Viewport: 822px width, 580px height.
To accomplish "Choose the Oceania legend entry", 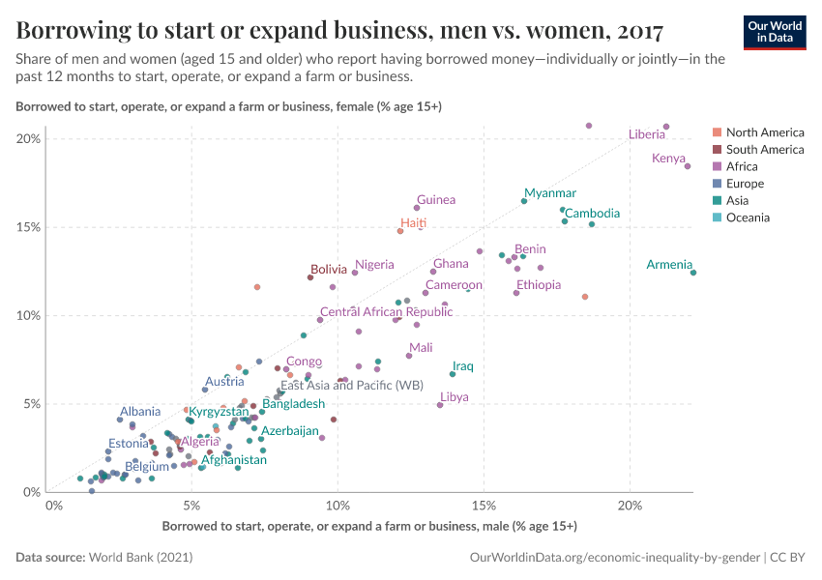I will [x=748, y=217].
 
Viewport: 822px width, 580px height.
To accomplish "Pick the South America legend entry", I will [x=765, y=150].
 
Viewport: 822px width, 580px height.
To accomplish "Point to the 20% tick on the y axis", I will [x=29, y=139].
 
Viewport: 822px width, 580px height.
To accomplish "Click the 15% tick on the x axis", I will [x=484, y=505].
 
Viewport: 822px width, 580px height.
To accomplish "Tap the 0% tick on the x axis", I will [x=54, y=505].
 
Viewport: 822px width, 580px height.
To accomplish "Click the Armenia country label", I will [x=669, y=265].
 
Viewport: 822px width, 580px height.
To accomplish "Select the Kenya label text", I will [x=668, y=159].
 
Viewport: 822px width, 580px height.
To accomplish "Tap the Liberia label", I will [x=647, y=134].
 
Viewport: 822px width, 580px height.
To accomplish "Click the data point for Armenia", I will [x=693, y=273].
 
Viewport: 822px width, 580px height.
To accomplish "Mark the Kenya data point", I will [x=688, y=166].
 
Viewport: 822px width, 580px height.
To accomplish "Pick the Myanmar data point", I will [x=524, y=201].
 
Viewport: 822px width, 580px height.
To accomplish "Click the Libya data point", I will [x=440, y=405].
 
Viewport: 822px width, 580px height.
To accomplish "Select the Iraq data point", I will [x=452, y=374].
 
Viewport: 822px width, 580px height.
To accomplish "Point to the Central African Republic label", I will [x=386, y=312].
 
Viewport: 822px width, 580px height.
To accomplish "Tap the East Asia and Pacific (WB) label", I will [x=352, y=386].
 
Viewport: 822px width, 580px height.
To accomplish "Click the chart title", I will [x=339, y=30].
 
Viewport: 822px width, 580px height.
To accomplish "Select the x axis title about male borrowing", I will [x=369, y=527].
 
